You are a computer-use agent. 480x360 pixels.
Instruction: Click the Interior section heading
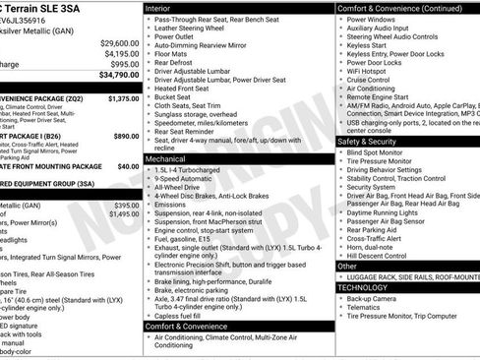158,8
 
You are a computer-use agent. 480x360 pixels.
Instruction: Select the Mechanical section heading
165,157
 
